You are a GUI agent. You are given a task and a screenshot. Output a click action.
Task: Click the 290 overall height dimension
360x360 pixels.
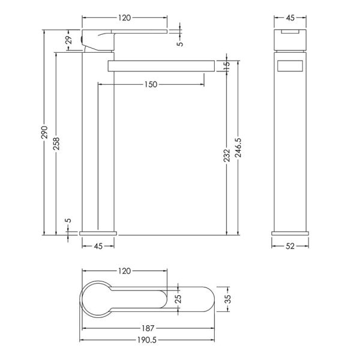click(x=44, y=132)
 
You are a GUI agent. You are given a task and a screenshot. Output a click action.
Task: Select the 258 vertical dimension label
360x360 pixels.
click(x=56, y=144)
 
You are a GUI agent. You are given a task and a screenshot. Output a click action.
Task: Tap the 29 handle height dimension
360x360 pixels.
click(x=69, y=40)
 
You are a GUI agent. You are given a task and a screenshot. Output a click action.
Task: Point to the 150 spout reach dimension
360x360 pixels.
click(x=151, y=85)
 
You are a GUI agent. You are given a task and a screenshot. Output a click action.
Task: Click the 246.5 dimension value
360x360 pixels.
click(x=238, y=148)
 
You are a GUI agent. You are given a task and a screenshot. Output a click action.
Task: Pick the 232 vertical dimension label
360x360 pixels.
click(x=227, y=155)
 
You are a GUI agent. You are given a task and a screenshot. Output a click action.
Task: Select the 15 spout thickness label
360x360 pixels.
click(x=226, y=66)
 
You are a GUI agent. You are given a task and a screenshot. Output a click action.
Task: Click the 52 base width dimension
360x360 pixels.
click(x=290, y=246)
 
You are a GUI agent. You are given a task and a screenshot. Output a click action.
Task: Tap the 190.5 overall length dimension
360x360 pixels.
click(x=147, y=340)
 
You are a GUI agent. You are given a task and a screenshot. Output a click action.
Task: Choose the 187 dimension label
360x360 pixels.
click(x=148, y=328)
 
